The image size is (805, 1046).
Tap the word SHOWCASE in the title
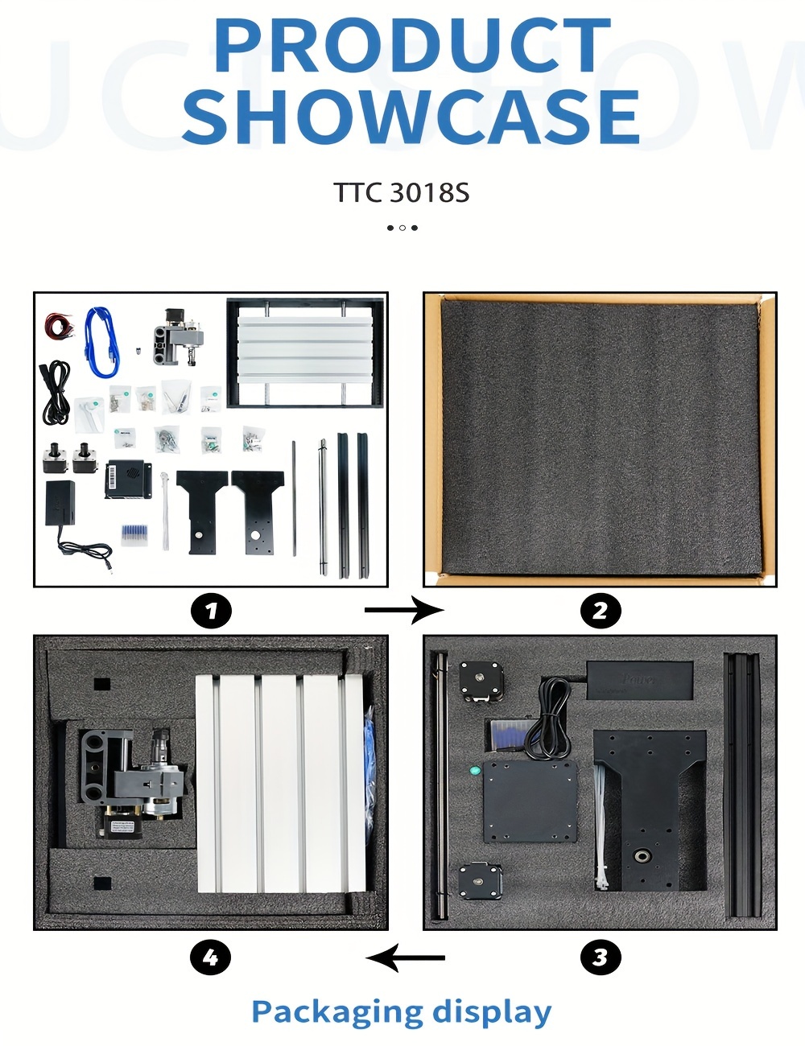(411, 116)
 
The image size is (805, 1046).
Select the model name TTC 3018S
(402, 192)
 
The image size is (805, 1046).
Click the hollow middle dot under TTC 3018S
(402, 228)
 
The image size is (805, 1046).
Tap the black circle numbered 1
(211, 611)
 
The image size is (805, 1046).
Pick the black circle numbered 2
(601, 611)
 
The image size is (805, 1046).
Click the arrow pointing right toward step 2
(404, 611)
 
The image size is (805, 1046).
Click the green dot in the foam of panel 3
(475, 770)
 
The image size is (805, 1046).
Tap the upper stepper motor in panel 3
(481, 682)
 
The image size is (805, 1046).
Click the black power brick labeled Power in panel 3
(639, 680)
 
